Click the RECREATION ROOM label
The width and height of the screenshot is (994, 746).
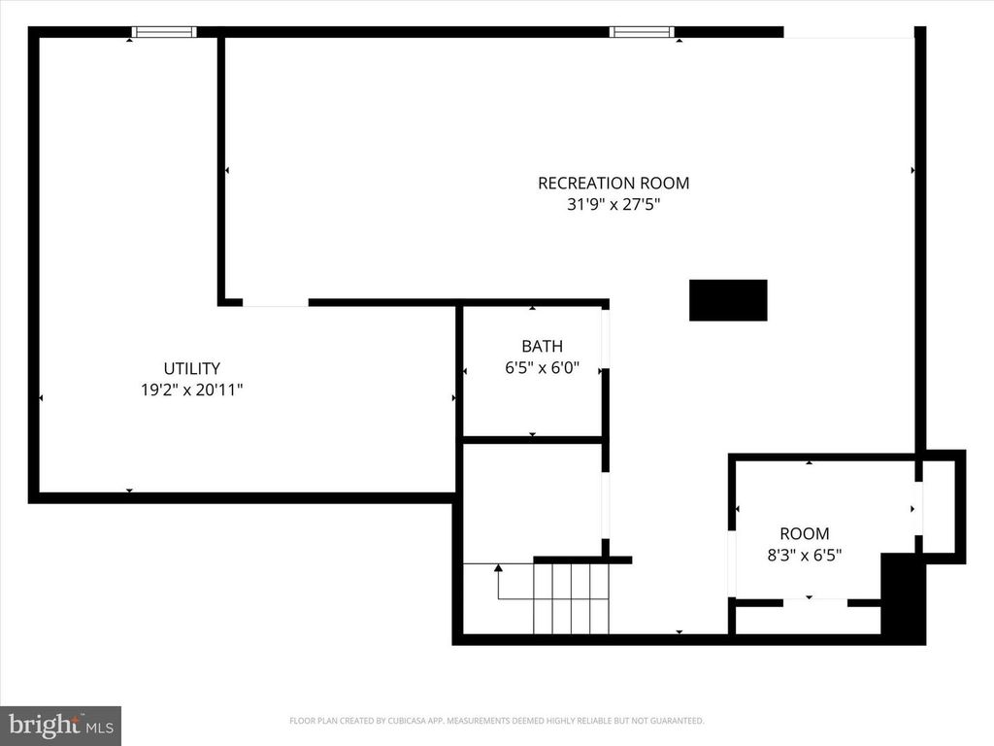coord(613,183)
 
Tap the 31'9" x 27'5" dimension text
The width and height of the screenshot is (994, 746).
coord(613,205)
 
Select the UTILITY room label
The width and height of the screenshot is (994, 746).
coord(191,368)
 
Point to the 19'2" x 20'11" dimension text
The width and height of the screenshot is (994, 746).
coord(191,390)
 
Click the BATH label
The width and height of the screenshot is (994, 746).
coord(542,346)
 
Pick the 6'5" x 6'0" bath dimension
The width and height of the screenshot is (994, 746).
coord(542,367)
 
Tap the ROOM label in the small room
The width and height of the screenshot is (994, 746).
coord(805,533)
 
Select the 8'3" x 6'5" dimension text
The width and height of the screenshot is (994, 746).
coord(805,556)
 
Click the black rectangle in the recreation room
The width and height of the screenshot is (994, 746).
coord(728,300)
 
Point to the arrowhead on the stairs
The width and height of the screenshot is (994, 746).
coord(498,567)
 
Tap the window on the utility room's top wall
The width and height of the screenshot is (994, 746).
coord(164,32)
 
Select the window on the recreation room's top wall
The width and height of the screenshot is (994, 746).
coord(641,32)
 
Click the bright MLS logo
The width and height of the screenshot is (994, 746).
coord(60,725)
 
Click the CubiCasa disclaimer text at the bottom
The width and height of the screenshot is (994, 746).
coord(496,721)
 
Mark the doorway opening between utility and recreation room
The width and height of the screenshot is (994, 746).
coord(275,303)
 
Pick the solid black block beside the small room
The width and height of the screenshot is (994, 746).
coord(903,597)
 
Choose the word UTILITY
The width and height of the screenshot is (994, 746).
coord(191,368)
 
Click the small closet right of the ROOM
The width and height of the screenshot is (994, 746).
coord(939,505)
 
